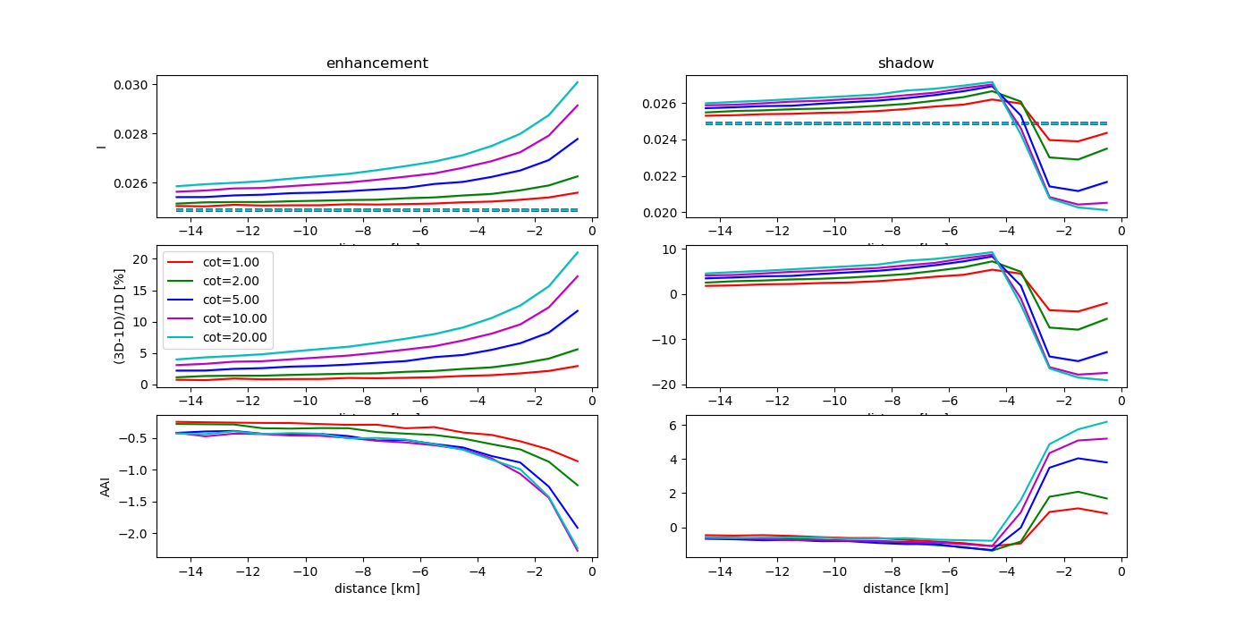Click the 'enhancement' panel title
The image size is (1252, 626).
click(x=376, y=63)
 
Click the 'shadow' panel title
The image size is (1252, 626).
click(x=906, y=63)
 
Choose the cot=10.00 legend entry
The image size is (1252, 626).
click(x=225, y=318)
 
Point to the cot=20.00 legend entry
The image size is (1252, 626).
click(x=225, y=337)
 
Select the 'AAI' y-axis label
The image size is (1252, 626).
click(x=106, y=486)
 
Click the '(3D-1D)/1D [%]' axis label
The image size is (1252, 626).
click(x=119, y=316)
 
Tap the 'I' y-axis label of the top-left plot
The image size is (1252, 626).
click(x=101, y=146)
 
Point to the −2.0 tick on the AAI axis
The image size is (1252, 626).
click(x=135, y=534)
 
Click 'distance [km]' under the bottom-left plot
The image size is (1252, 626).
click(x=376, y=588)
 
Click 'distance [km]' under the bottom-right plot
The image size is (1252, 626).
click(x=905, y=588)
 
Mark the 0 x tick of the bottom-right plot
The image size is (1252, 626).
click(x=1121, y=571)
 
